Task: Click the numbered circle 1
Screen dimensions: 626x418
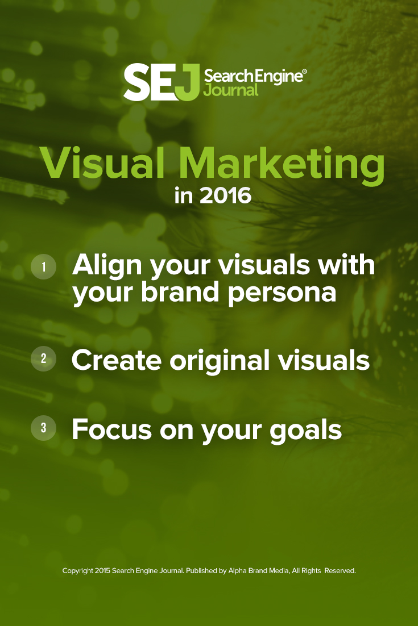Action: click(43, 266)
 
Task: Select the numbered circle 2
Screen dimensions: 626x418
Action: click(43, 359)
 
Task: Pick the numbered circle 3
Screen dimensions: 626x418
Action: click(43, 428)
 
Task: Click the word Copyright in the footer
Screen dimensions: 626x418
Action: click(77, 571)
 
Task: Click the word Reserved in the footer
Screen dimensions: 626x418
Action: click(340, 571)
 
